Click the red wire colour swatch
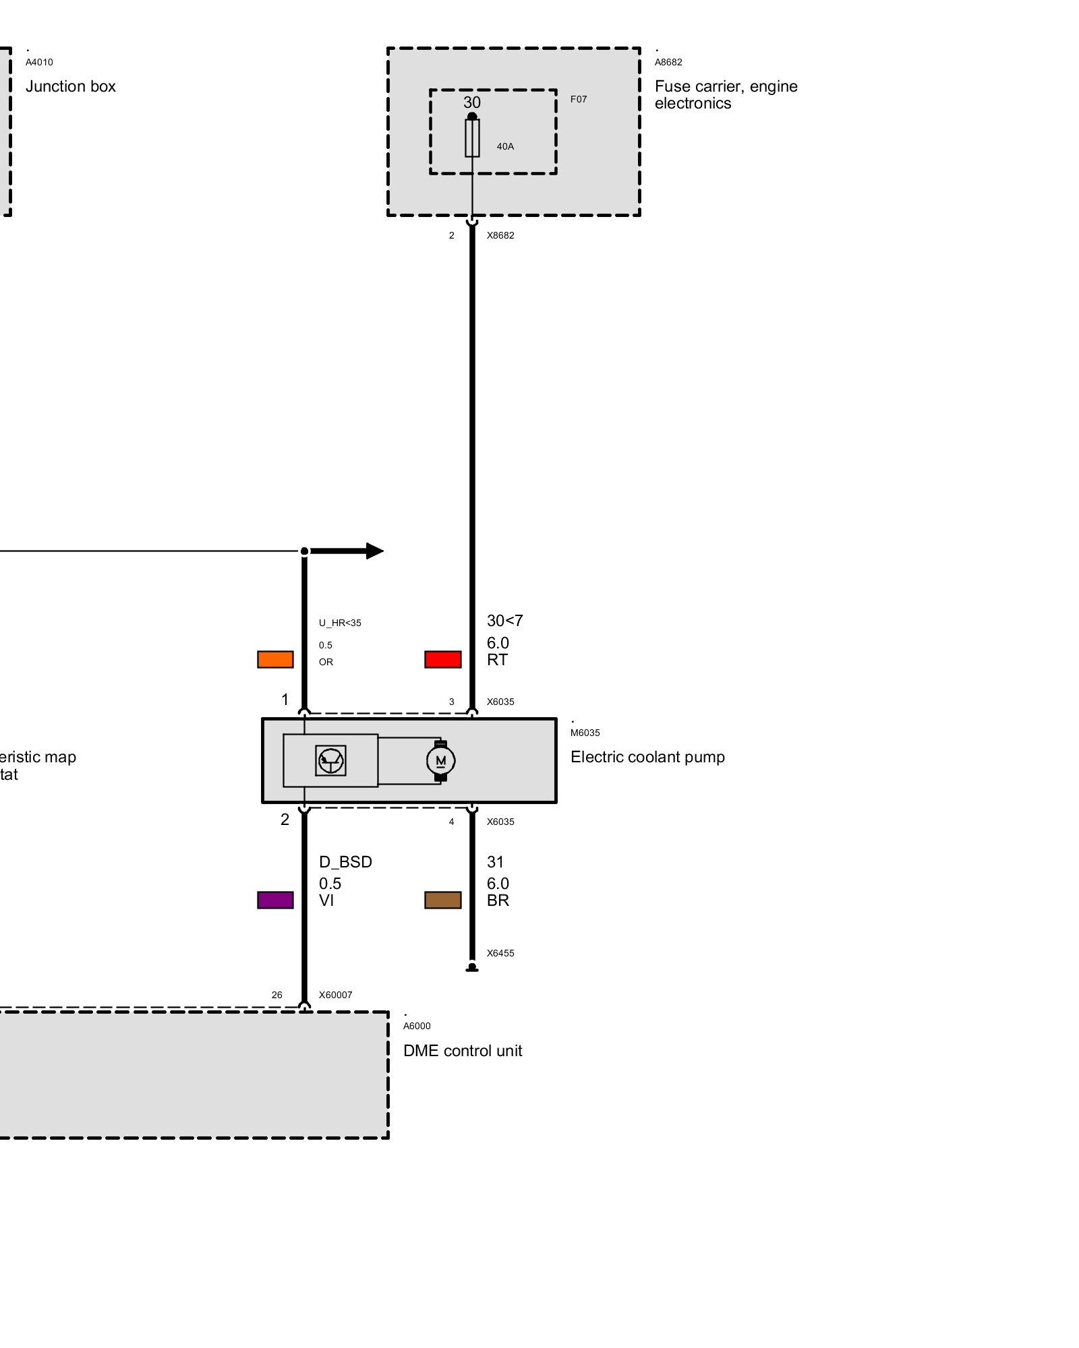(443, 659)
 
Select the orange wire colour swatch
(275, 659)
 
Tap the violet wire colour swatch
(275, 900)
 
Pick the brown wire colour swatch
(443, 900)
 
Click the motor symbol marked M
(441, 761)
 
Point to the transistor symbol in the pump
(330, 761)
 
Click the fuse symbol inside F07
(472, 138)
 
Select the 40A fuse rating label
(505, 146)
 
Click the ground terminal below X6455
(472, 968)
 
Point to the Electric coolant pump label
(647, 757)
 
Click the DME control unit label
(463, 1051)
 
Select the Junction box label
(71, 86)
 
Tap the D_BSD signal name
(345, 862)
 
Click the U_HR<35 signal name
(340, 623)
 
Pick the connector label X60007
(335, 995)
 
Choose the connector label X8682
(500, 235)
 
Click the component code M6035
(585, 733)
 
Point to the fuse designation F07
(579, 99)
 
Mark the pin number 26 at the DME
(277, 995)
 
